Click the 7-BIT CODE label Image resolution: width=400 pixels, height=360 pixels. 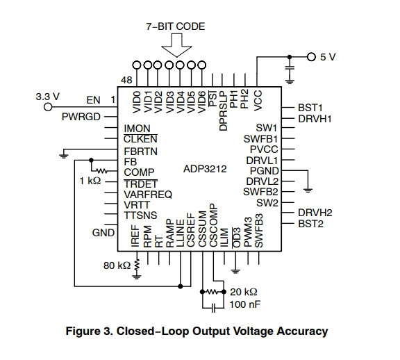176,26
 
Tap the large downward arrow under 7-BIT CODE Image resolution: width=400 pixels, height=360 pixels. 176,45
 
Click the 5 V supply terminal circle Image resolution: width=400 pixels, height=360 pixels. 311,57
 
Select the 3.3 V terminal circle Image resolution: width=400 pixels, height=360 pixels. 48,107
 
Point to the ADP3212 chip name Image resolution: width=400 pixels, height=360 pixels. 205,169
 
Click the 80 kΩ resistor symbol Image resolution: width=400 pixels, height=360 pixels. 137,265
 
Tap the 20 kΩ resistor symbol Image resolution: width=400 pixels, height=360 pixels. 212,292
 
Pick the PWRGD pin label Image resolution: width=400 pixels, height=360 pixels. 81,117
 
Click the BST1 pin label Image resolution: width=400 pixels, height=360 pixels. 310,108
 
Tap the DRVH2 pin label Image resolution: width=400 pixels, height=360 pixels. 315,213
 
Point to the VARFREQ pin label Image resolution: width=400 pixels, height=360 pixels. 148,195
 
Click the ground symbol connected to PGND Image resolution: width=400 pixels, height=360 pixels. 308,190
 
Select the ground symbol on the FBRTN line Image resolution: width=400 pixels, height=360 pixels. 63,156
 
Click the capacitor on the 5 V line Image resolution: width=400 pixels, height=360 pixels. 290,68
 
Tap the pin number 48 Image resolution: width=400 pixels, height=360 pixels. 126,80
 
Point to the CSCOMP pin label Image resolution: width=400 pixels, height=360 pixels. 213,225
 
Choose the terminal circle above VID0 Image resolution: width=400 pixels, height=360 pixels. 137,65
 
